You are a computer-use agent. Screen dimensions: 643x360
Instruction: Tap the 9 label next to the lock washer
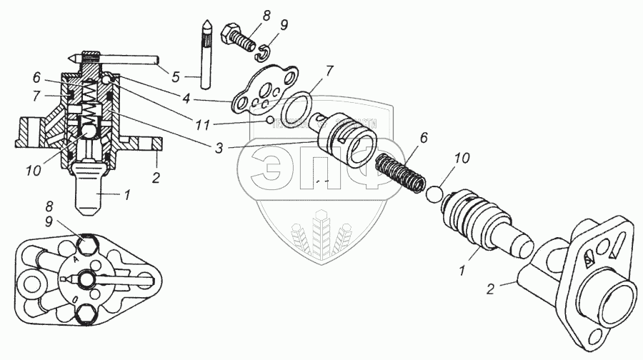point(284,26)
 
